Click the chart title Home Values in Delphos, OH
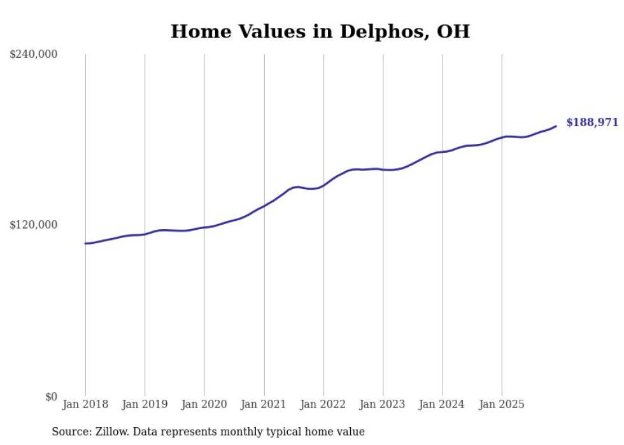pos(320,32)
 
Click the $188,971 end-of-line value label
pos(592,122)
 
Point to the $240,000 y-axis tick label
pos(34,55)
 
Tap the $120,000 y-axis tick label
pos(34,225)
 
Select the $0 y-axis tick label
pos(51,397)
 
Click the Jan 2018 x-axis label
pos(85,404)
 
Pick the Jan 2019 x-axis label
pos(145,404)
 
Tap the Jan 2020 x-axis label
pos(204,404)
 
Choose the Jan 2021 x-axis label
pos(264,404)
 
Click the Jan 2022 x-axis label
pos(323,404)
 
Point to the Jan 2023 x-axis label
pos(383,404)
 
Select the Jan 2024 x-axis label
pos(443,404)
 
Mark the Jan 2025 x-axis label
pos(502,404)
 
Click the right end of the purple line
pos(556,126)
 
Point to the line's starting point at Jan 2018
pos(85,243)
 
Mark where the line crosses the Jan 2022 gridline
pos(323,185)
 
